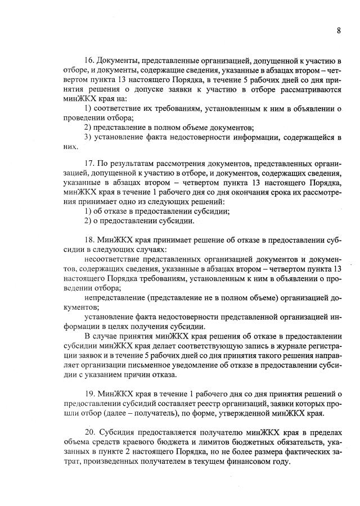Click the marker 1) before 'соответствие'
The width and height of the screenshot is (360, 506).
click(x=88, y=108)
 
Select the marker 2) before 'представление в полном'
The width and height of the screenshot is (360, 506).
click(x=88, y=127)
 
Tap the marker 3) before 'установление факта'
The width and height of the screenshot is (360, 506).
click(x=88, y=137)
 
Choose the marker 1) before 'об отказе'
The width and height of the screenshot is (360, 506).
click(x=88, y=211)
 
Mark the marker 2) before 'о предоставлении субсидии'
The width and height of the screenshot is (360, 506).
click(x=88, y=221)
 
